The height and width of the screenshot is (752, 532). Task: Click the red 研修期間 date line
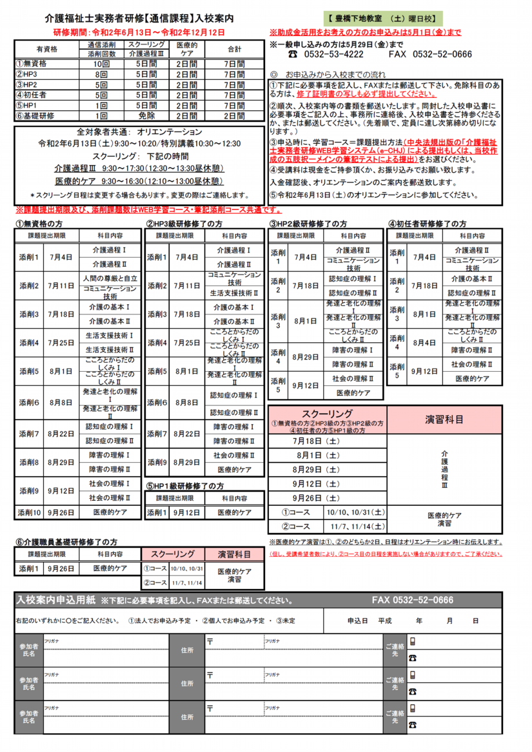[x=139, y=32]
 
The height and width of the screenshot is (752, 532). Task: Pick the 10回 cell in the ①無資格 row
[x=101, y=64]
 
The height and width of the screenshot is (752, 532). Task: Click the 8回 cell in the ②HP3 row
[x=101, y=75]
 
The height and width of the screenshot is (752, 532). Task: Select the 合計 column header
[x=234, y=50]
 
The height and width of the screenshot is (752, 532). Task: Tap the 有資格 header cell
[x=47, y=50]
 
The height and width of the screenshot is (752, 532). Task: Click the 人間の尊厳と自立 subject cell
[x=110, y=278]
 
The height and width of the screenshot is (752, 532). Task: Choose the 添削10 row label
[x=28, y=512]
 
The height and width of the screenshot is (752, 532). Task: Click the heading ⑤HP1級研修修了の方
[x=186, y=486]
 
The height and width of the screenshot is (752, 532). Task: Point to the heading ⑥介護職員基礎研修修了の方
[x=66, y=543]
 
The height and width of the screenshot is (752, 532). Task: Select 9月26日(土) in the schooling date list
[x=316, y=498]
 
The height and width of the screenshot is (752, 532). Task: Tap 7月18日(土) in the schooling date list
[x=316, y=441]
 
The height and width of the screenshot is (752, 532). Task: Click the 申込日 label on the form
[x=357, y=621]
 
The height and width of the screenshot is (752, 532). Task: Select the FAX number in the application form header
[x=412, y=600]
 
